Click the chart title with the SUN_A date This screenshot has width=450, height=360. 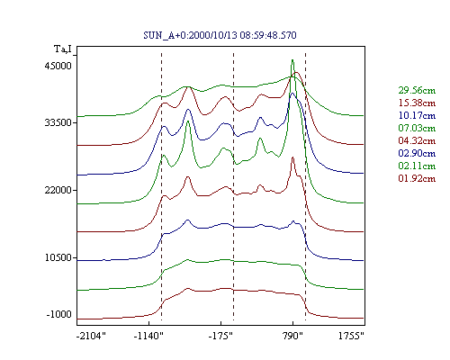[x=220, y=35]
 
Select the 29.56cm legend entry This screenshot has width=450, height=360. [x=417, y=90]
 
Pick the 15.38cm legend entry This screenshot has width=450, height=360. [x=417, y=103]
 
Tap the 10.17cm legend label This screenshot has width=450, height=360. [x=417, y=115]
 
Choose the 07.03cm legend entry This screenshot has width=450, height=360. [x=417, y=128]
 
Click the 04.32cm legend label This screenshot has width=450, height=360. [x=417, y=140]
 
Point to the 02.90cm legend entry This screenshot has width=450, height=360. [x=417, y=153]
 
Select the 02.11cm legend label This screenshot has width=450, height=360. [x=417, y=166]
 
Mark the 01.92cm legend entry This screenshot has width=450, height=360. [x=417, y=178]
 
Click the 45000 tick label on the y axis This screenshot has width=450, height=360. [x=58, y=66]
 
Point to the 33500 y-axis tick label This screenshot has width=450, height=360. [x=58, y=122]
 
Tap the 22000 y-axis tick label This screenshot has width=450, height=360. [x=58, y=190]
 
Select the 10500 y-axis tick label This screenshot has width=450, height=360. [x=58, y=257]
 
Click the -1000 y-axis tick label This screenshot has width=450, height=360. [x=59, y=314]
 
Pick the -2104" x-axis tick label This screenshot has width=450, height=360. [x=91, y=336]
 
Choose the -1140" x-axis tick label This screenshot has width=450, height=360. [x=148, y=336]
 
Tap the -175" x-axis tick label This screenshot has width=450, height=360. [x=220, y=336]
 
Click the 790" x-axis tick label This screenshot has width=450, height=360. [x=292, y=336]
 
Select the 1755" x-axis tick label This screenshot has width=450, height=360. [x=351, y=336]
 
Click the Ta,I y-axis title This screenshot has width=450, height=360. [x=63, y=49]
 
